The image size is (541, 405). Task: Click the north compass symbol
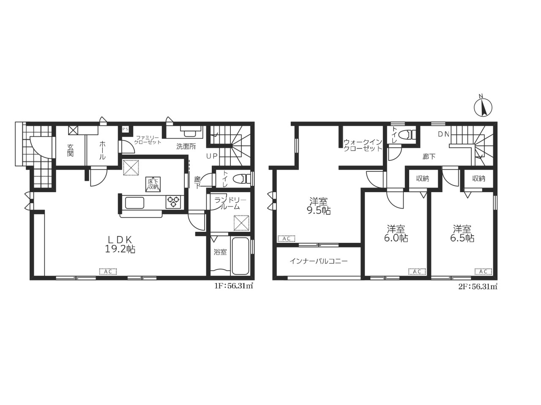483,107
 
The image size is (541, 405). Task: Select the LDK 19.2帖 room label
120,244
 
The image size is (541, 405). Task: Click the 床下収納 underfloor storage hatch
153,184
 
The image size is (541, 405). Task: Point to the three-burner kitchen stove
173,202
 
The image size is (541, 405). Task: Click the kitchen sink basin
134,203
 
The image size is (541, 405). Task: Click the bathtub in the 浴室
240,256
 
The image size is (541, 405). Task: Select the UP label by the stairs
212,156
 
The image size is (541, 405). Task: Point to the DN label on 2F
444,134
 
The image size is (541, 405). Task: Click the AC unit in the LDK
108,271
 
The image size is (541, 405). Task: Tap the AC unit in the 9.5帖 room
287,239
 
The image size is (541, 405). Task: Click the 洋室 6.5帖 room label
462,234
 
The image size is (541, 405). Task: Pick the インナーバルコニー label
319,261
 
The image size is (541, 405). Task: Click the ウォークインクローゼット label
363,145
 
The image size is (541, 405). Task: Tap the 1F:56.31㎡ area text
234,286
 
